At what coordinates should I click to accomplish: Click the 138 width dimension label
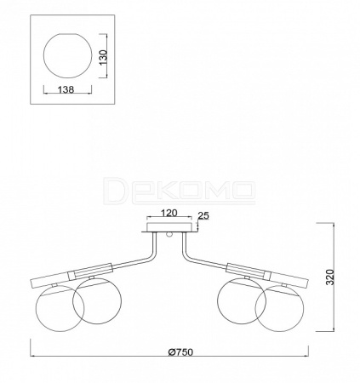(x=66, y=89)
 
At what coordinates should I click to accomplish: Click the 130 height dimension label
(x=104, y=57)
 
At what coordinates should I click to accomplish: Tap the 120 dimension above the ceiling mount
(x=169, y=213)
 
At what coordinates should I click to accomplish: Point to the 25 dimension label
(x=203, y=215)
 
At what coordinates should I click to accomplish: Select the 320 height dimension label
(x=330, y=277)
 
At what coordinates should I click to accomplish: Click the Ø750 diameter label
(x=180, y=352)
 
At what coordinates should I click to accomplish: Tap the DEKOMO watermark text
(x=180, y=191)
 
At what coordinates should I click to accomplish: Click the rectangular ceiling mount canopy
(x=169, y=227)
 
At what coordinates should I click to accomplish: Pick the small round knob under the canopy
(x=169, y=234)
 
